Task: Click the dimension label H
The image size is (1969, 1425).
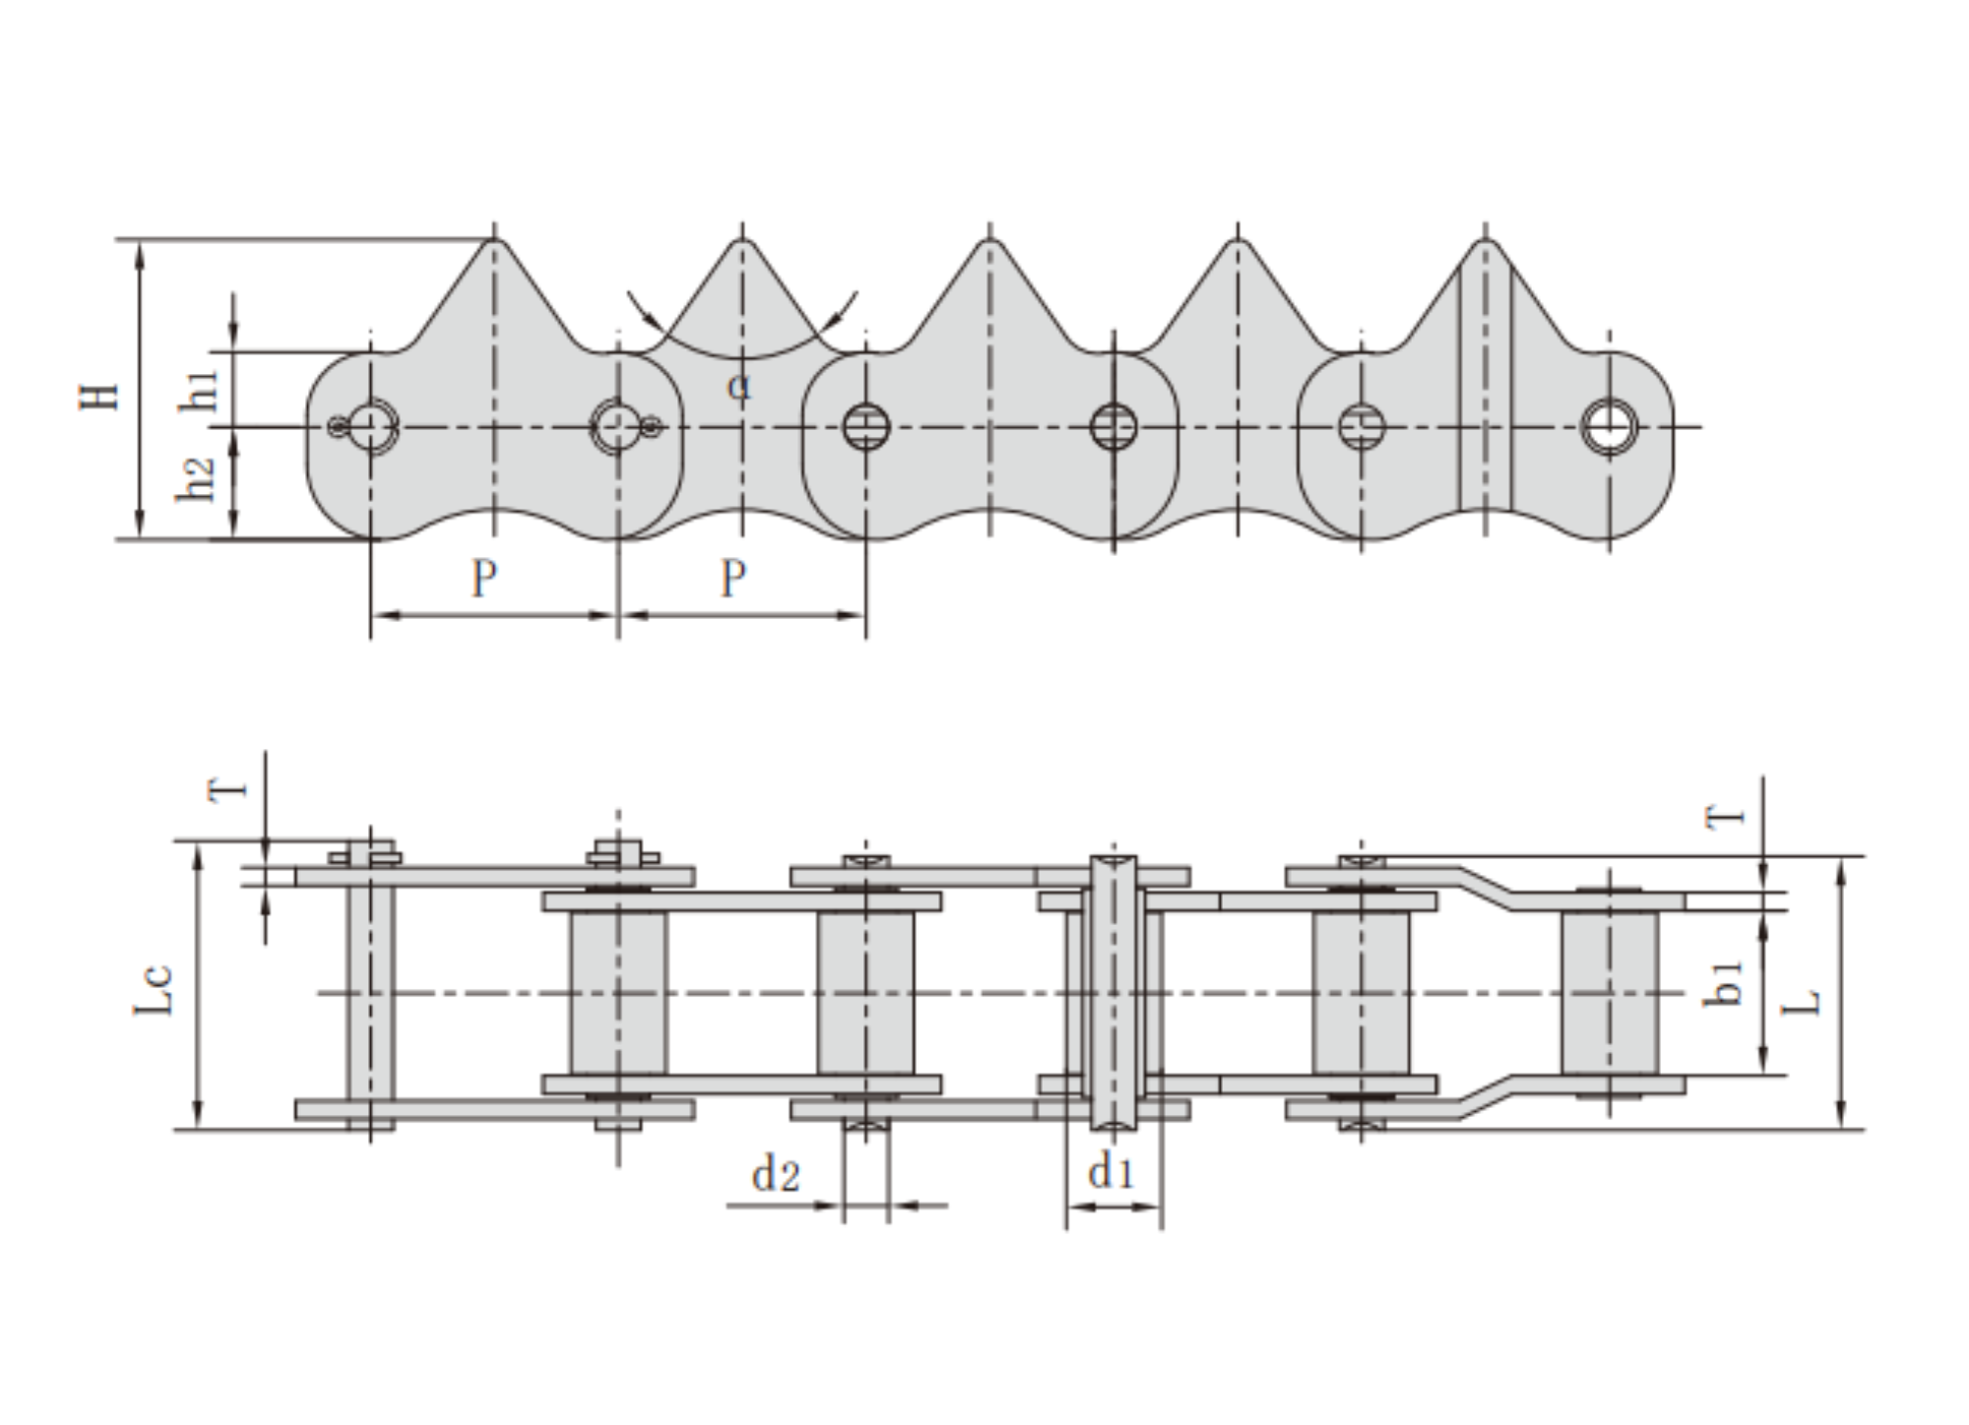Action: (x=99, y=396)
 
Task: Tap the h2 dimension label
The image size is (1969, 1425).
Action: (x=196, y=479)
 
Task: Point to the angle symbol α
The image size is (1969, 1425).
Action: (x=739, y=386)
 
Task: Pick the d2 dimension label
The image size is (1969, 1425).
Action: (x=776, y=1174)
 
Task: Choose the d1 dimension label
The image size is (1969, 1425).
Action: (x=1111, y=1171)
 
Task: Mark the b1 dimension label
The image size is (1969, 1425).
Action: (x=1723, y=983)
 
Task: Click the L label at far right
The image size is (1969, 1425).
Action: (x=1804, y=1002)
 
